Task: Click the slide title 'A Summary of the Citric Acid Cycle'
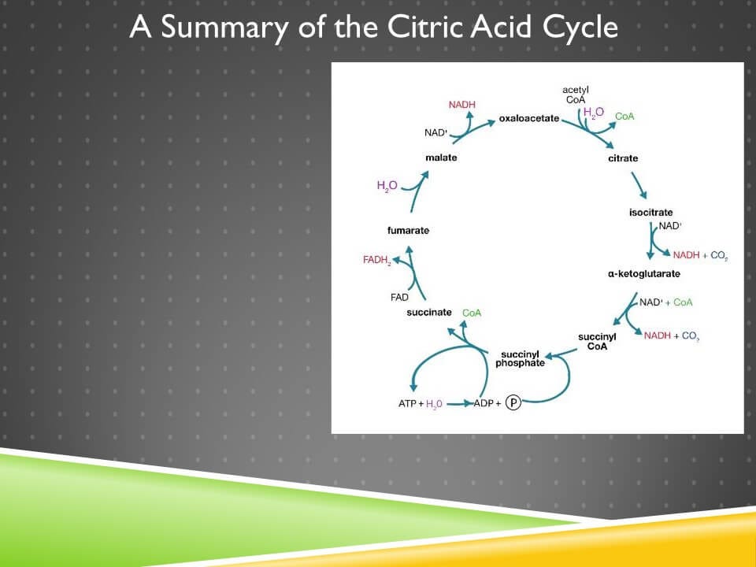[373, 28]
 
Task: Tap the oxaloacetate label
[528, 118]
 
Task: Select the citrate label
[623, 158]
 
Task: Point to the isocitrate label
[650, 213]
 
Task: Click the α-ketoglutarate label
[643, 274]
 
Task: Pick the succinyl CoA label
[597, 342]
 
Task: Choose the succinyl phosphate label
[520, 358]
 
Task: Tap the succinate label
[429, 313]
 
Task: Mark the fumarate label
[408, 231]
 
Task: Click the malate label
[441, 157]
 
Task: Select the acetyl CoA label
[576, 94]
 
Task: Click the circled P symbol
[513, 403]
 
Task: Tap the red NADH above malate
[462, 105]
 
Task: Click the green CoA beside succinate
[472, 313]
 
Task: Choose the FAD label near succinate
[399, 298]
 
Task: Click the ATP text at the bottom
[407, 404]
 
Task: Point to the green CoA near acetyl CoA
[624, 117]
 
